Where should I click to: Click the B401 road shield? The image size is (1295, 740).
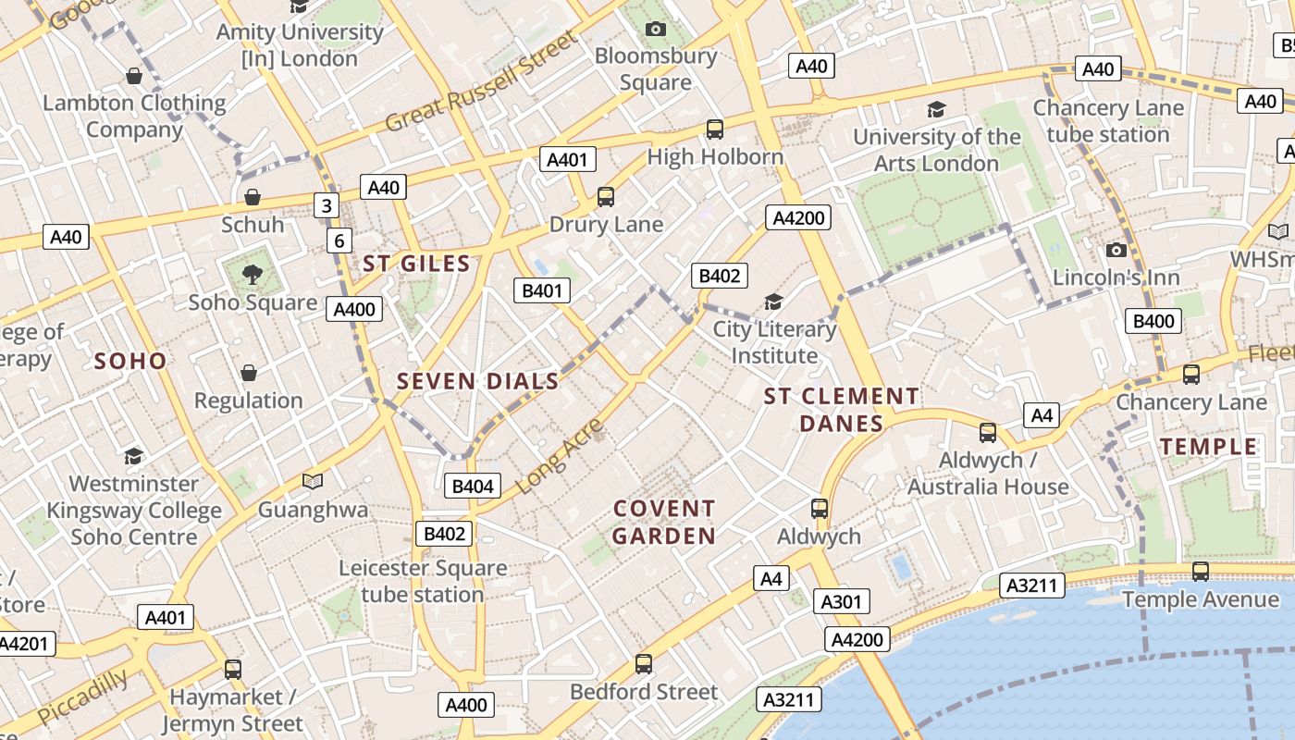coord(542,290)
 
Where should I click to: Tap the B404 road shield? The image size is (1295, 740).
coord(472,486)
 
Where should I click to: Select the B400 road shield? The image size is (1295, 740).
coord(1153,321)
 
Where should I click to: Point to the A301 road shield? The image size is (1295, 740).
coord(842,602)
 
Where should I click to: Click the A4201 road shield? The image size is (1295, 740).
coord(25,645)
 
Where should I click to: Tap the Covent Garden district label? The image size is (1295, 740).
coord(664,522)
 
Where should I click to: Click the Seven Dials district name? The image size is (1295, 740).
coord(477,380)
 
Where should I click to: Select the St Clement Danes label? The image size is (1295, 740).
coord(841,410)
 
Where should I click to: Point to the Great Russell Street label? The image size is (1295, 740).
coord(480,81)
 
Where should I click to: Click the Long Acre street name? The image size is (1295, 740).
coord(558,455)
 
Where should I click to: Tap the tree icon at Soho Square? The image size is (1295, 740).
coord(252,274)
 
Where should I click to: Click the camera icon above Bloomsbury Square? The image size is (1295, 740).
coord(656,30)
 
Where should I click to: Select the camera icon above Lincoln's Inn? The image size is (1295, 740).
coord(1116,250)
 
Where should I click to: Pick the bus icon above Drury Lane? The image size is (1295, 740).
coord(606,196)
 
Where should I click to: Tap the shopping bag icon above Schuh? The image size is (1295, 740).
coord(252,197)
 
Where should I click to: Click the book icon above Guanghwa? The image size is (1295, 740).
coord(313,481)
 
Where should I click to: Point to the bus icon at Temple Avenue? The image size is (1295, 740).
coord(1201,572)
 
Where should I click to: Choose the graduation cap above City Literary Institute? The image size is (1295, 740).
coord(773,302)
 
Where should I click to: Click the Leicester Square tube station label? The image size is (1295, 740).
coord(423,581)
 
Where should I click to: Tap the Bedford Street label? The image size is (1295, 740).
coord(644,692)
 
